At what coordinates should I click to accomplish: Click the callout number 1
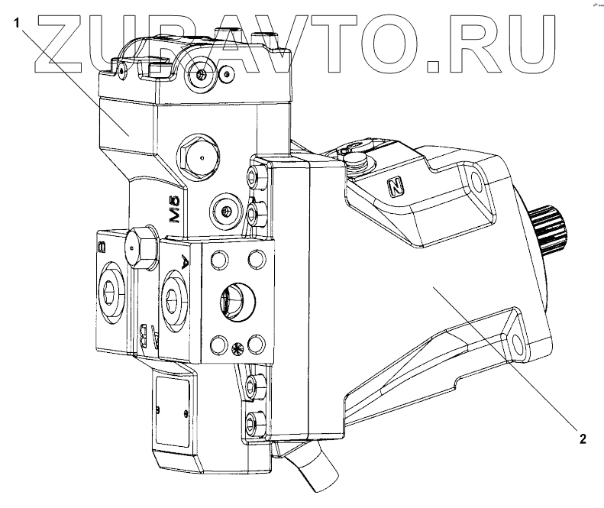pos(16,22)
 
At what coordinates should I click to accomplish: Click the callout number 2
pos(582,438)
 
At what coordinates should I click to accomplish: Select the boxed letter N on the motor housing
pos(395,185)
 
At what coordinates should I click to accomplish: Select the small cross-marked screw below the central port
pos(236,348)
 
